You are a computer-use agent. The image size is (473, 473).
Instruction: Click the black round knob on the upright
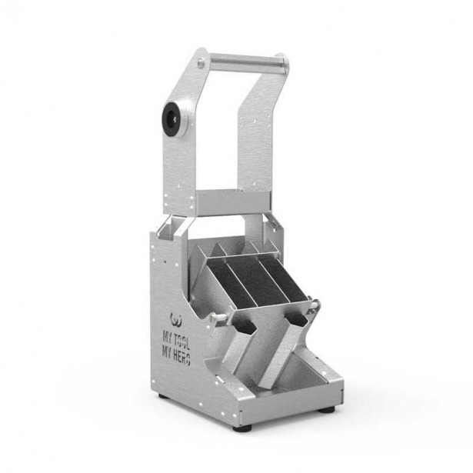point(171,119)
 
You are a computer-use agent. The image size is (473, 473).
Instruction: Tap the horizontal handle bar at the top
point(247,63)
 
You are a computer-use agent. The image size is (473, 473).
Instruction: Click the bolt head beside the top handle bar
point(201,63)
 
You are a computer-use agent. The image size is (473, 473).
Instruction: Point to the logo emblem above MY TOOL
point(177,320)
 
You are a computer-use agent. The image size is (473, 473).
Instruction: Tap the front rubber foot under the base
point(242,428)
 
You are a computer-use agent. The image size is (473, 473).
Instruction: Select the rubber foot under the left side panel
point(164,396)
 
